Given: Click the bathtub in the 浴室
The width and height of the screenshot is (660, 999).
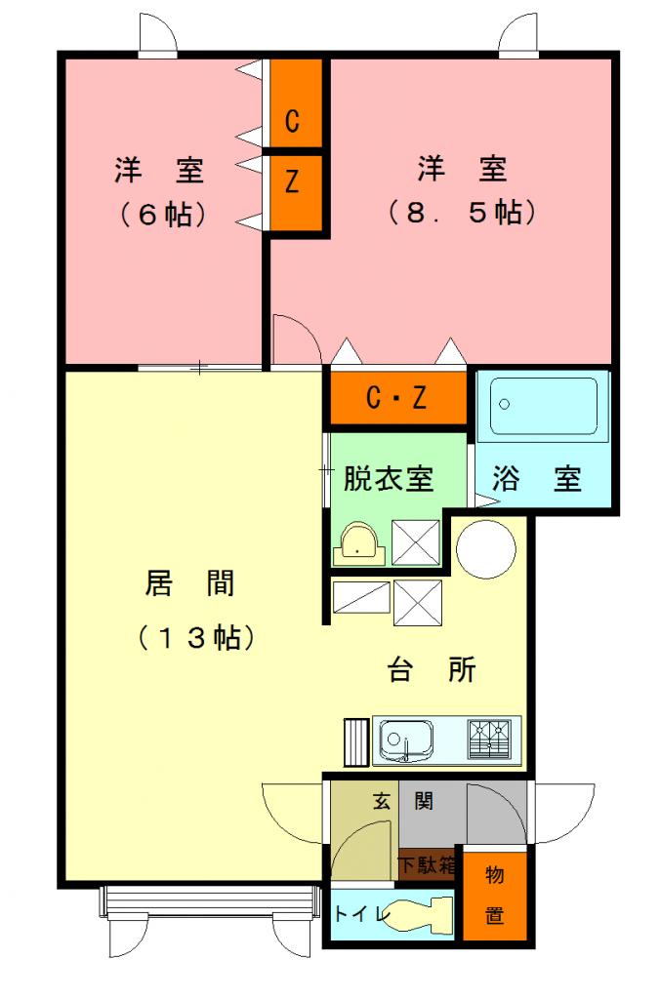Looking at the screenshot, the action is [x=543, y=406].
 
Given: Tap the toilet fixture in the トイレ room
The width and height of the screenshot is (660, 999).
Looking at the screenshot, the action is [x=422, y=913].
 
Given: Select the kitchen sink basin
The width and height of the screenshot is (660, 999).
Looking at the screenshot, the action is [x=405, y=740].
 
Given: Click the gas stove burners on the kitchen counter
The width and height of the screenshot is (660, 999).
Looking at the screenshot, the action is [x=489, y=739].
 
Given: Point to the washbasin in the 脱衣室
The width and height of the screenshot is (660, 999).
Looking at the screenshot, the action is [x=358, y=544].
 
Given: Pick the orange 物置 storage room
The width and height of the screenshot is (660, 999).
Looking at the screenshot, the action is [x=494, y=896].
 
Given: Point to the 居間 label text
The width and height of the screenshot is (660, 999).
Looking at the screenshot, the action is [x=190, y=583].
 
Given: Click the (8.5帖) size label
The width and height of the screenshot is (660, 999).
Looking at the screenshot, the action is [x=463, y=212].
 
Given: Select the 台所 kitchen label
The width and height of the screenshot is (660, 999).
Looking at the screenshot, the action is [x=433, y=670].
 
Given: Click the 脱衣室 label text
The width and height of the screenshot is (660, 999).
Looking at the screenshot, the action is [x=389, y=478].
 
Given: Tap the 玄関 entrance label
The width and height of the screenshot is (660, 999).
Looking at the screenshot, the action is [x=403, y=801].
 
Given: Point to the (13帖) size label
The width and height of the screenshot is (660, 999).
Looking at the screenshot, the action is [x=196, y=637].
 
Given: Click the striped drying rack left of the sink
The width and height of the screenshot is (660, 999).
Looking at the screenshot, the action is [x=357, y=741].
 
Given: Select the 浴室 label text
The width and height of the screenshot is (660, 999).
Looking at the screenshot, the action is [x=537, y=478].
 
